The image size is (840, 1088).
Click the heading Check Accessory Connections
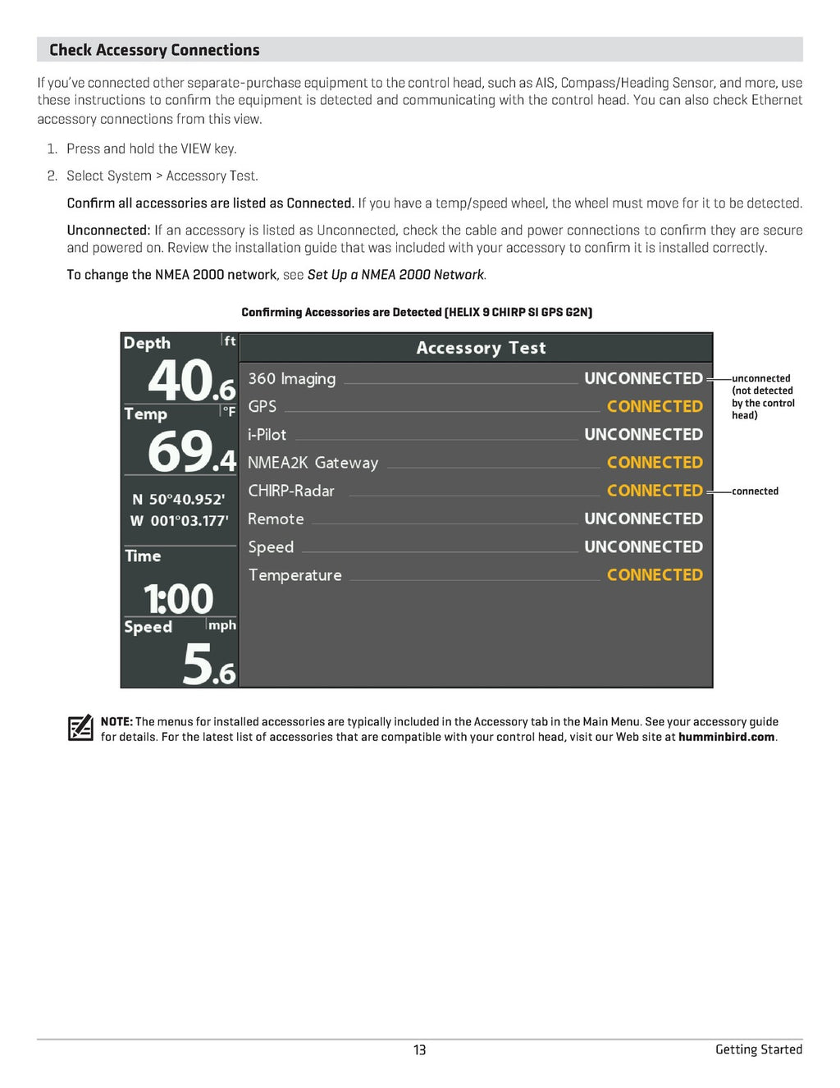pyautogui.click(x=154, y=50)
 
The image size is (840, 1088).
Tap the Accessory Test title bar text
pyautogui.click(x=481, y=348)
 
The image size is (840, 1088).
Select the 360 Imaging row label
pyautogui.click(x=291, y=378)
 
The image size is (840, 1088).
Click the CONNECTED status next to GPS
pyautogui.click(x=655, y=406)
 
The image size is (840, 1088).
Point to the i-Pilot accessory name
pyautogui.click(x=267, y=435)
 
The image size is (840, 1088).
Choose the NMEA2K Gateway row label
pyautogui.click(x=313, y=463)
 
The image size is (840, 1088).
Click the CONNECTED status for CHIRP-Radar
pyautogui.click(x=655, y=491)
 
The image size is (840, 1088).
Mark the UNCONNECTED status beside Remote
pyautogui.click(x=643, y=519)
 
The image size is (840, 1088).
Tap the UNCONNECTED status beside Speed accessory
pyautogui.click(x=643, y=546)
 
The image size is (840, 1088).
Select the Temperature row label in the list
pyautogui.click(x=294, y=575)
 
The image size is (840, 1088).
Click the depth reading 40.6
pyautogui.click(x=191, y=382)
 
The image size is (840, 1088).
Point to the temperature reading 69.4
pyautogui.click(x=191, y=452)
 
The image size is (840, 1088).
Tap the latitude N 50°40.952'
pyautogui.click(x=178, y=499)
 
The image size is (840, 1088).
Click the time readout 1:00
pyautogui.click(x=178, y=598)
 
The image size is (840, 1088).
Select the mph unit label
pyautogui.click(x=221, y=625)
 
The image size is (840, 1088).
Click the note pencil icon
pyautogui.click(x=80, y=728)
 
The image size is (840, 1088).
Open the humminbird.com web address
pyautogui.click(x=726, y=737)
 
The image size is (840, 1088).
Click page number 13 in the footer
pyautogui.click(x=419, y=1049)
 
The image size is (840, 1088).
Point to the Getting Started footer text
pyautogui.click(x=758, y=1049)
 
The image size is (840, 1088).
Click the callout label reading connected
pyautogui.click(x=755, y=491)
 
